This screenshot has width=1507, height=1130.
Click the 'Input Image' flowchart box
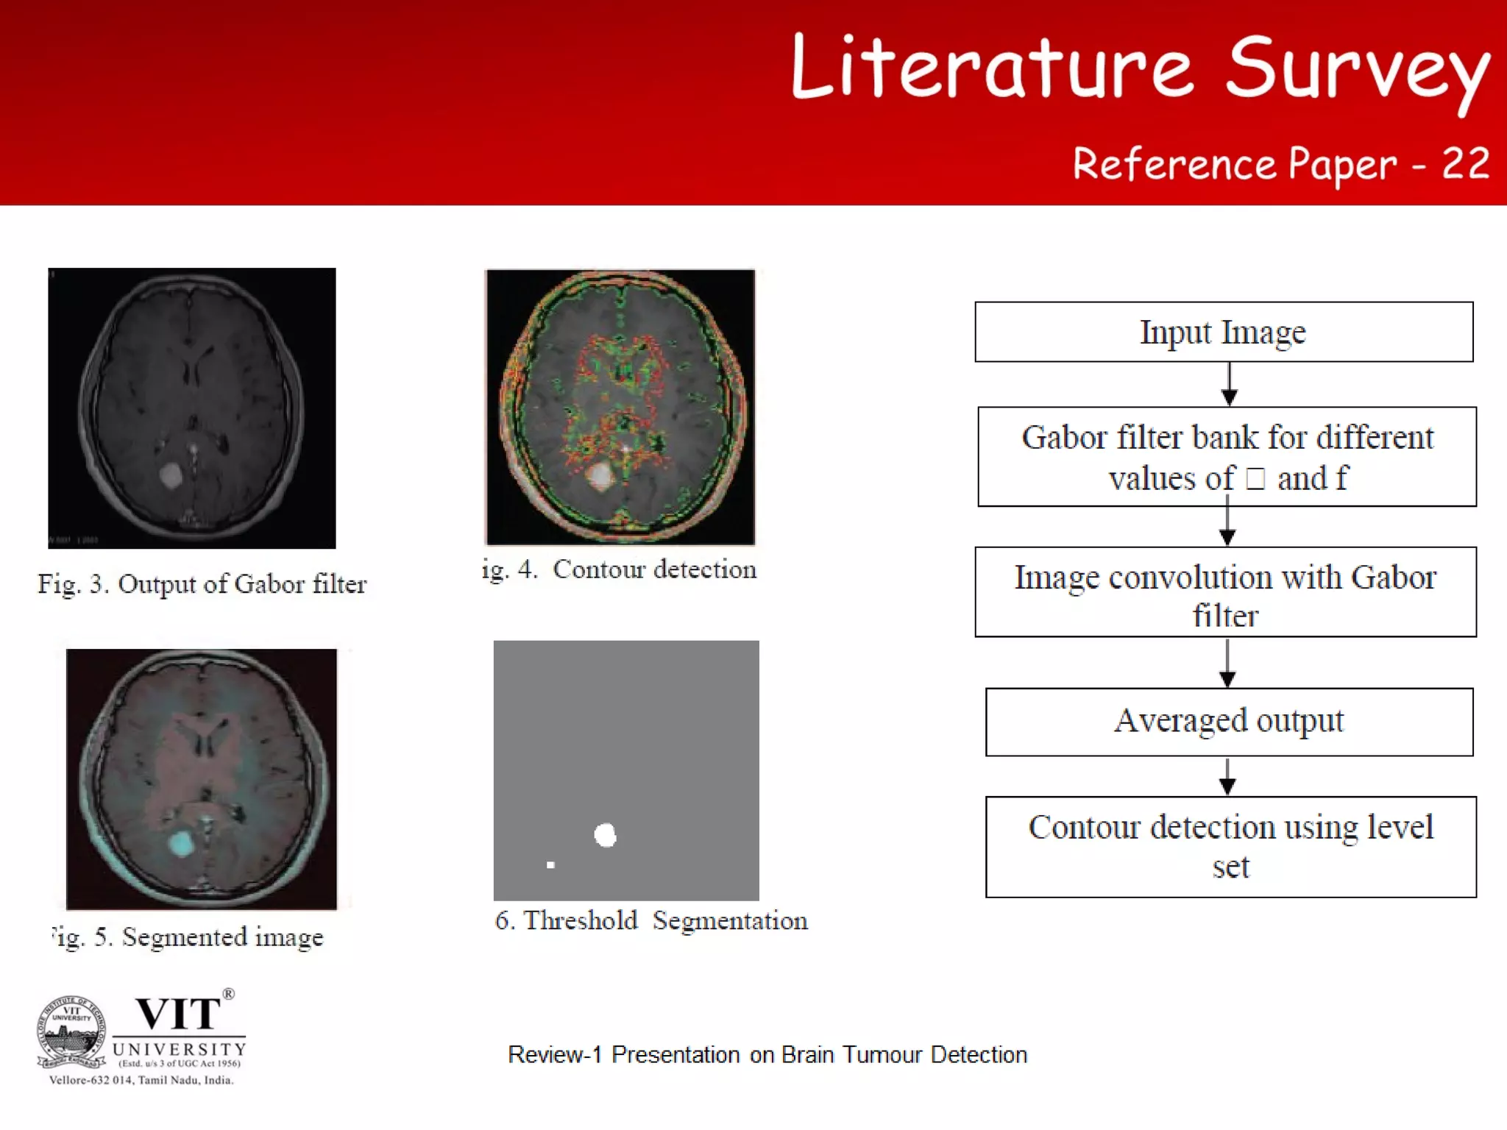pyautogui.click(x=1224, y=332)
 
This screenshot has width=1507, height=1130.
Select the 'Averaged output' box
pyautogui.click(x=1229, y=722)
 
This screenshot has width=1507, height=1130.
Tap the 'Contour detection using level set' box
pyautogui.click(x=1230, y=847)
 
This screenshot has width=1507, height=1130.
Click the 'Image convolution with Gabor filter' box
pyautogui.click(x=1225, y=592)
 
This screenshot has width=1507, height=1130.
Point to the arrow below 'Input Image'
pyautogui.click(x=1229, y=385)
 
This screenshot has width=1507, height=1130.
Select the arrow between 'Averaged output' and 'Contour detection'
pyautogui.click(x=1227, y=777)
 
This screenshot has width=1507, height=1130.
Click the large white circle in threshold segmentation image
pyautogui.click(x=605, y=835)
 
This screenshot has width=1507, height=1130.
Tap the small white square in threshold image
pyautogui.click(x=550, y=865)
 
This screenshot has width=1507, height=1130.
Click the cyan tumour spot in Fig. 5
pyautogui.click(x=180, y=844)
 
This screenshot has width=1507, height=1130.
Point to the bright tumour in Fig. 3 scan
pyautogui.click(x=171, y=475)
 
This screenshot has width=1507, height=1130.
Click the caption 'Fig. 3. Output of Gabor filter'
pyautogui.click(x=202, y=584)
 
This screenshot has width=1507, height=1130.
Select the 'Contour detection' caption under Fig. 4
pyautogui.click(x=620, y=569)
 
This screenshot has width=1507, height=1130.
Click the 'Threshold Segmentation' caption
pyautogui.click(x=651, y=921)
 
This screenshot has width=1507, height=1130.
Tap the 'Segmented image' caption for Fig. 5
pyautogui.click(x=188, y=937)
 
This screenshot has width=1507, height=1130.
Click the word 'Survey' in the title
pyautogui.click(x=1358, y=70)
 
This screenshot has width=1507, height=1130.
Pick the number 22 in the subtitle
pyautogui.click(x=1465, y=163)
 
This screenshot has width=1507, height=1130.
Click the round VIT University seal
pyautogui.click(x=71, y=1031)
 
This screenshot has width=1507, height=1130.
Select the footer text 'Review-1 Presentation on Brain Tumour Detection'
pyautogui.click(x=767, y=1055)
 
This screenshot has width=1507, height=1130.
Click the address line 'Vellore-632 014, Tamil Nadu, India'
pyautogui.click(x=141, y=1080)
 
